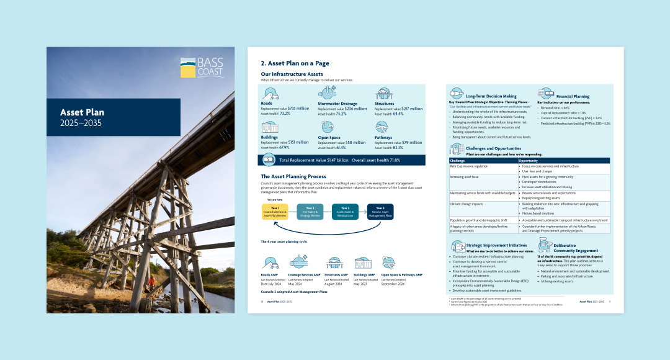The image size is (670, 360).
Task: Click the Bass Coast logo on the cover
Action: (x=201, y=68)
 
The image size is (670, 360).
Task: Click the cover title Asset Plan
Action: (x=82, y=112)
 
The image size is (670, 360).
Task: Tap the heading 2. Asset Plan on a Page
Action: (x=295, y=63)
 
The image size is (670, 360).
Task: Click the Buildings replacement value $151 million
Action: (x=285, y=142)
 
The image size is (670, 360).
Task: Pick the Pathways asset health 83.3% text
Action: (x=389, y=148)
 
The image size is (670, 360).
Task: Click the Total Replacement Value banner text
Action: (x=315, y=160)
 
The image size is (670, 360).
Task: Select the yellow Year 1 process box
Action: (x=275, y=212)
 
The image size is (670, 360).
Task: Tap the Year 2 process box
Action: (x=310, y=212)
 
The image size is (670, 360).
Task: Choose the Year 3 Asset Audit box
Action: (x=345, y=212)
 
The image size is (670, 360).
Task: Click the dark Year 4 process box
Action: (x=380, y=212)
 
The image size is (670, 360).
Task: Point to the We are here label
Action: (x=275, y=200)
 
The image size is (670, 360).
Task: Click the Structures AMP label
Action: (x=336, y=274)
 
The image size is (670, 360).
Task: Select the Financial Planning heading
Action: (x=573, y=97)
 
